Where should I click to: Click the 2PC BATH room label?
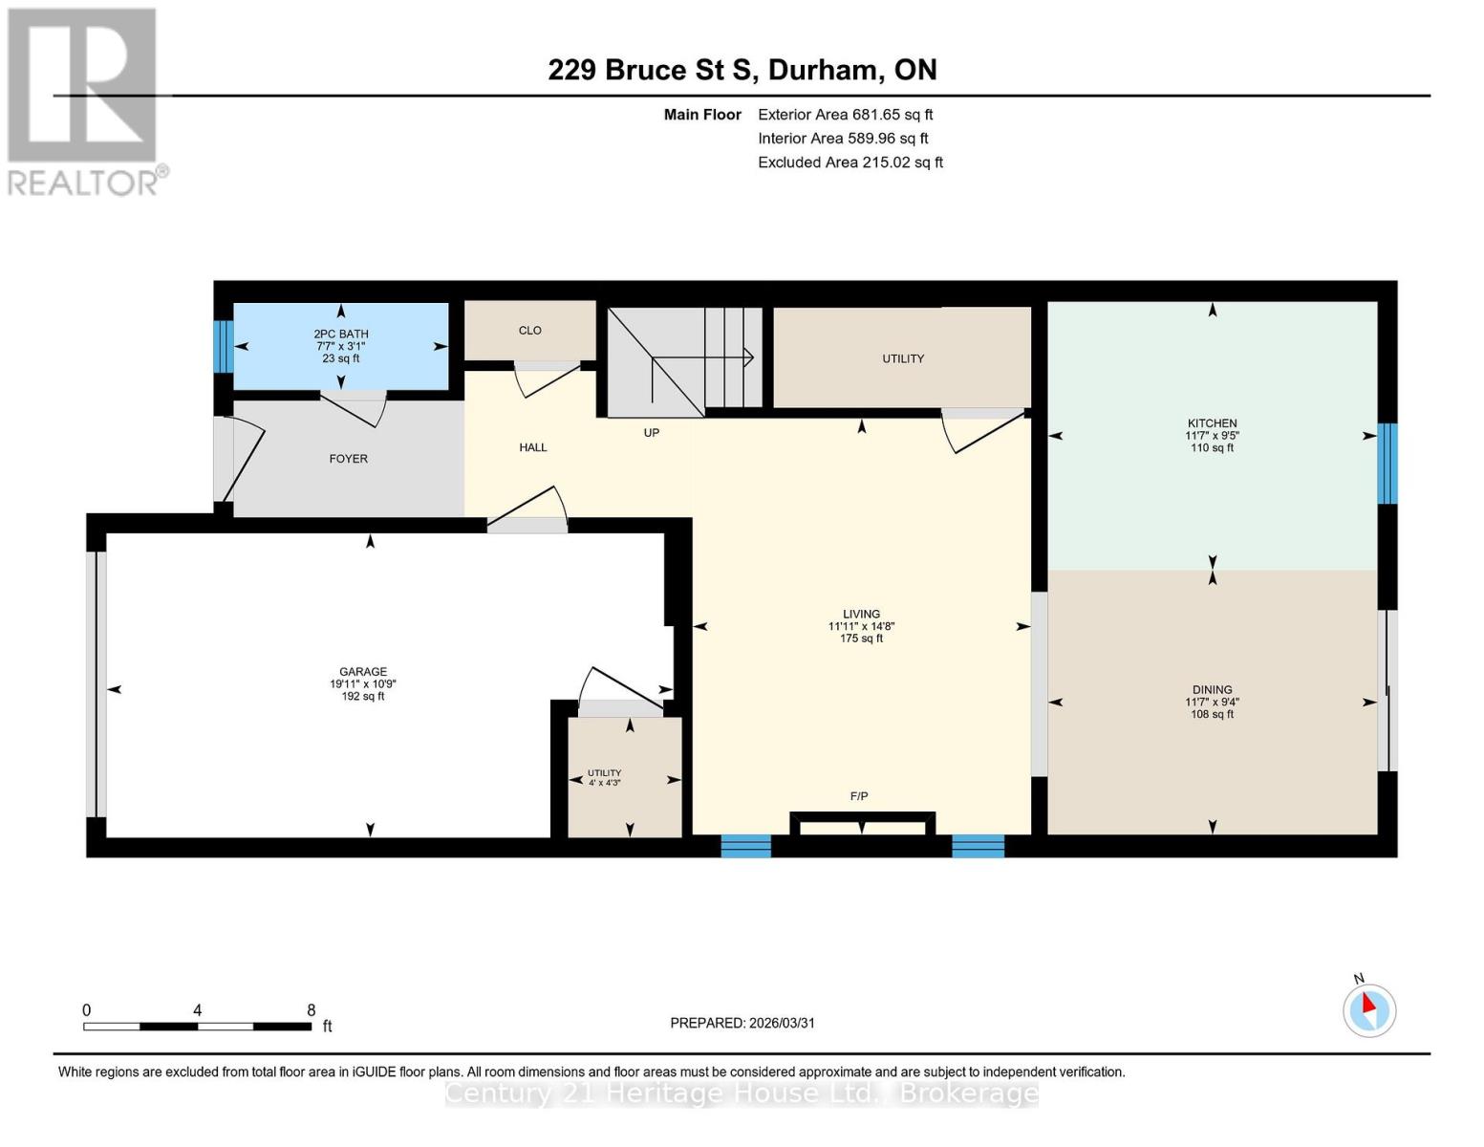[x=341, y=334]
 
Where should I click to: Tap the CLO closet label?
[x=530, y=331]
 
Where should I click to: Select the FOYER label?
[x=349, y=459]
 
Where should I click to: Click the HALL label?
[x=533, y=447]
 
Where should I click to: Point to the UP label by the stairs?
[x=652, y=433]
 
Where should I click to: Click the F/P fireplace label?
[x=859, y=796]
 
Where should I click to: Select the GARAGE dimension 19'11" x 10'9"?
[x=363, y=684]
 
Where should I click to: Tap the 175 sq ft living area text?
[x=861, y=638]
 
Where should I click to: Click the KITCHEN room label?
[x=1212, y=423]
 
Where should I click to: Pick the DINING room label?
[x=1212, y=689]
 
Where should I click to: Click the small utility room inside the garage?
[x=625, y=776]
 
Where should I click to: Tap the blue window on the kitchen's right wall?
[x=1387, y=464]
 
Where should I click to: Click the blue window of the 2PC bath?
[x=223, y=346]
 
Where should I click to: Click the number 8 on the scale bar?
[x=312, y=1010]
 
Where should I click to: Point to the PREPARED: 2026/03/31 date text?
[x=742, y=1023]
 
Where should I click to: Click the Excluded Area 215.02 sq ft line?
[x=850, y=162]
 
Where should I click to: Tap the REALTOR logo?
[x=84, y=100]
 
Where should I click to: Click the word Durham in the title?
[x=823, y=70]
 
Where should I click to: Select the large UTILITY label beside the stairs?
[x=903, y=359]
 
